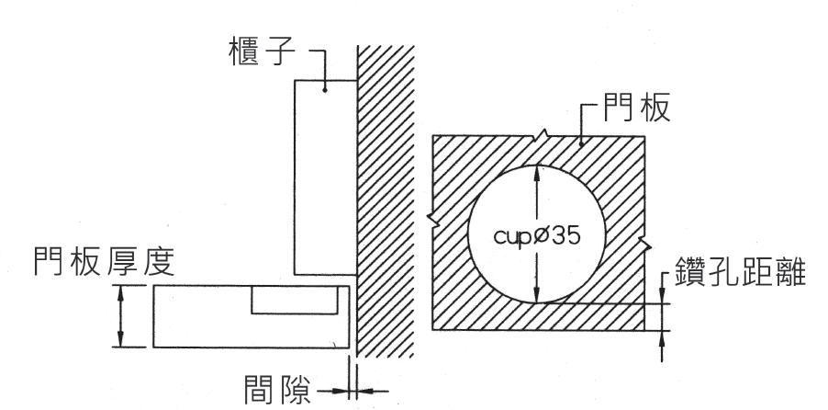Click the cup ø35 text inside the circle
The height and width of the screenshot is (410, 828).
coord(537,234)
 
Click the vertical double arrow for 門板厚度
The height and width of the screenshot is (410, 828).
coord(120,315)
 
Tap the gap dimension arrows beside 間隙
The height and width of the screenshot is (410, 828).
coord(351,391)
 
